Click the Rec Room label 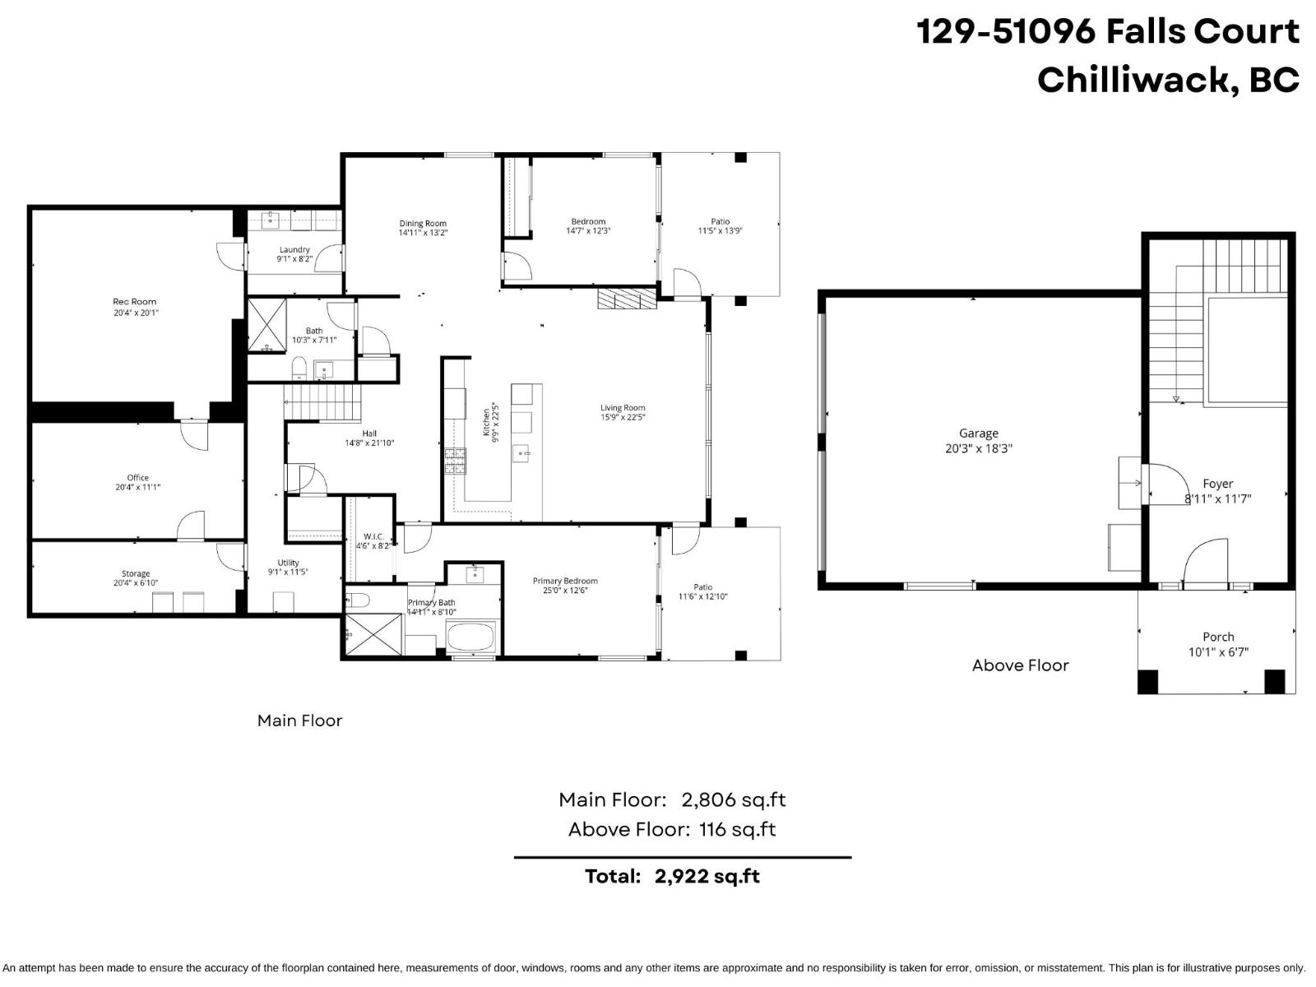(x=135, y=302)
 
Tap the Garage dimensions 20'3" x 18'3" (x=978, y=449)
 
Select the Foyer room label (x=1217, y=484)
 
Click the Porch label (x=1218, y=637)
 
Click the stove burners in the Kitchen (x=455, y=461)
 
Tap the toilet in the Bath (x=299, y=367)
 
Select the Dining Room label (x=423, y=223)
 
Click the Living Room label (x=623, y=407)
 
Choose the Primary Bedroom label (x=565, y=581)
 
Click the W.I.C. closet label (x=373, y=536)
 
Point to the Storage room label (x=136, y=573)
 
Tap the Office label (x=137, y=477)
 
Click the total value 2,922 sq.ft (x=707, y=876)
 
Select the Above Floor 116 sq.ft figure (x=737, y=829)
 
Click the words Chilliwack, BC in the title (x=1167, y=80)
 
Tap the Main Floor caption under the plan (x=299, y=721)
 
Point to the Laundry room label (x=294, y=249)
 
